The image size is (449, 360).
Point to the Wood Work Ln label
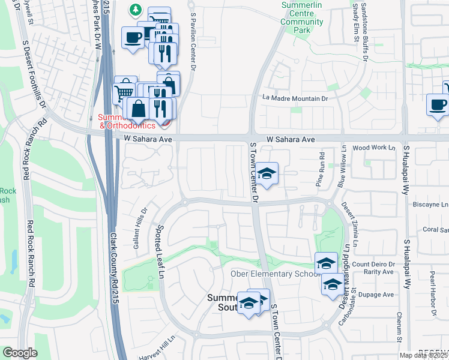[374, 147]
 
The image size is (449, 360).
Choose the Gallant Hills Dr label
[144, 222]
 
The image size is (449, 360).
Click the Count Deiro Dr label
[373, 264]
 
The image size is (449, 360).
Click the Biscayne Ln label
[430, 204]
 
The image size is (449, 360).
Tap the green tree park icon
[136, 10]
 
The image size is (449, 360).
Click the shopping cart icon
[123, 92]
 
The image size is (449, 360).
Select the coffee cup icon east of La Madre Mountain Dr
[437, 104]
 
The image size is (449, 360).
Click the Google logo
[20, 353]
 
